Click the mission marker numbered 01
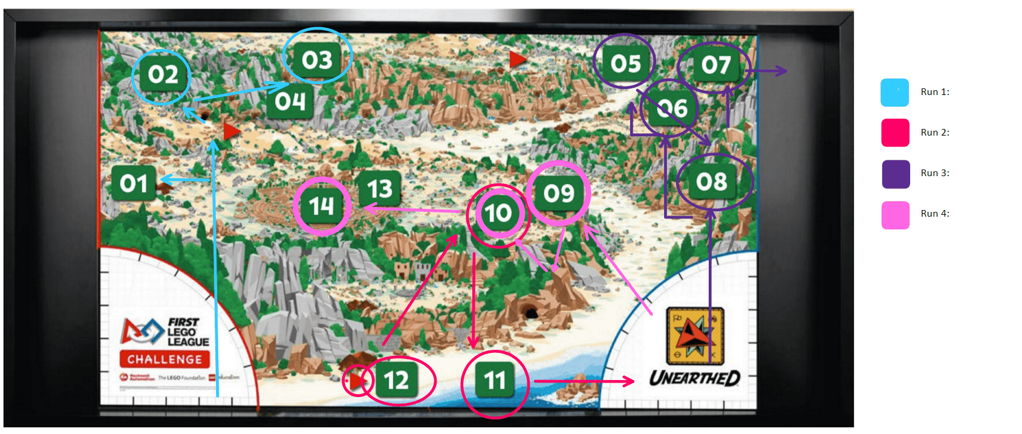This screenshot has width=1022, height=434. click(134, 183)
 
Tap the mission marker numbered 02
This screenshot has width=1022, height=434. click(163, 74)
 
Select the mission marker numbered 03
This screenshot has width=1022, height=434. click(317, 60)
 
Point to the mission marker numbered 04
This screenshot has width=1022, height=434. click(290, 101)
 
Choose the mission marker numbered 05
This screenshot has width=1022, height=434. click(625, 64)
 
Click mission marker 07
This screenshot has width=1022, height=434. click(716, 65)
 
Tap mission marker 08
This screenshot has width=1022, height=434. click(711, 182)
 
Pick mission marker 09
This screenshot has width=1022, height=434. click(558, 193)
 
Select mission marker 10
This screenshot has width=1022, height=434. click(498, 213)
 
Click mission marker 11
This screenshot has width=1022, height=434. click(495, 381)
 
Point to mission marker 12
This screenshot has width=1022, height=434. click(396, 381)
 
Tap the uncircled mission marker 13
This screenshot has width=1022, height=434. click(380, 189)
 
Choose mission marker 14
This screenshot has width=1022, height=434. click(322, 206)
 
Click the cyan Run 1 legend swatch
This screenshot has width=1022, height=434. click(895, 93)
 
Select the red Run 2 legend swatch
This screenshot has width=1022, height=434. click(895, 133)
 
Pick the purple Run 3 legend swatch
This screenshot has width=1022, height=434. click(895, 174)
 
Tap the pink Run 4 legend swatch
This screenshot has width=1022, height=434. click(895, 215)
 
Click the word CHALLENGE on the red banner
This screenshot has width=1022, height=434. click(164, 360)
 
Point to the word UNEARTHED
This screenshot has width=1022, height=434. click(694, 378)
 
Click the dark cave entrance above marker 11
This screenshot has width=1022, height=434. click(531, 313)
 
